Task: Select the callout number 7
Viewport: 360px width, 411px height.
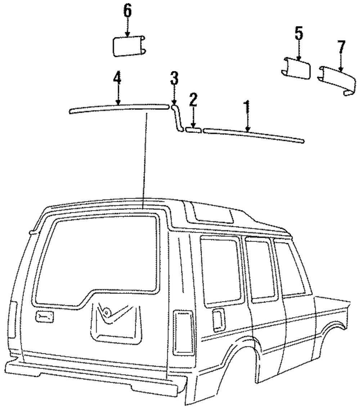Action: coord(341,46)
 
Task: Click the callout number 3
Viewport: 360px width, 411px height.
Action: coord(174,78)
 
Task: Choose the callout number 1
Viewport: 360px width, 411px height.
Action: coord(247,107)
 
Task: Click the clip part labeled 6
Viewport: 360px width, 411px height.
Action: coord(128,46)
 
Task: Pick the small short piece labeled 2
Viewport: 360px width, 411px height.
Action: coord(193,129)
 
